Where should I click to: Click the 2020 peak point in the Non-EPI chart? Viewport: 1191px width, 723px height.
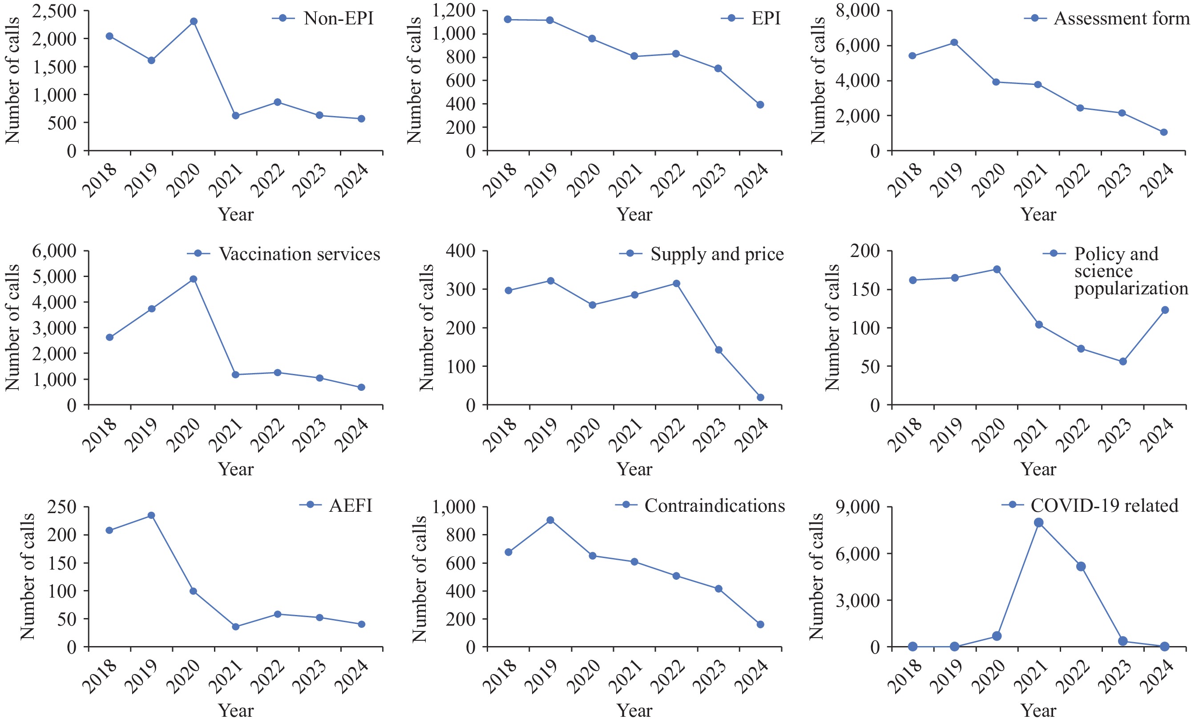pyautogui.click(x=194, y=21)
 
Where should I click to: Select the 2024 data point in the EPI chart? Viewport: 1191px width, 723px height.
pyautogui.click(x=760, y=105)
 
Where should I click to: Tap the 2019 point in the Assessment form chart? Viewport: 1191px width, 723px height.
pyautogui.click(x=954, y=43)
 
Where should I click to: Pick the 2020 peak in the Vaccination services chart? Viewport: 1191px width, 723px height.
pyautogui.click(x=194, y=279)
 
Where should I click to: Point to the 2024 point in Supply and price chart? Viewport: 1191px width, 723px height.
pyautogui.click(x=760, y=398)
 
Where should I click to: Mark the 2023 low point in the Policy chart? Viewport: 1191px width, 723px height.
pyautogui.click(x=1123, y=361)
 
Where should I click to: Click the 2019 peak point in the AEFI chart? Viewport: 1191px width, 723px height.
pyautogui.click(x=151, y=515)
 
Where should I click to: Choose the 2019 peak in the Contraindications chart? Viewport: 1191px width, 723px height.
pyautogui.click(x=550, y=520)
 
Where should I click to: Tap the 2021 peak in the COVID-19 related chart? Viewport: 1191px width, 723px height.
pyautogui.click(x=1038, y=522)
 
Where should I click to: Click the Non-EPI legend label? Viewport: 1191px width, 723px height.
pyautogui.click(x=339, y=18)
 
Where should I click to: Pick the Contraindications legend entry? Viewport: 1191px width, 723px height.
pyautogui.click(x=715, y=506)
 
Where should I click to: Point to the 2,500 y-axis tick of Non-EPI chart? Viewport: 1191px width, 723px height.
pyautogui.click(x=54, y=11)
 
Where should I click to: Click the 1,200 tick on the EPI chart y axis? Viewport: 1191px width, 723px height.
pyautogui.click(x=454, y=11)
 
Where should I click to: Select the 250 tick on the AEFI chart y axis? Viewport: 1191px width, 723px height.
pyautogui.click(x=62, y=506)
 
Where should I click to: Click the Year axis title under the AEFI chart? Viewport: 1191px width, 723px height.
pyautogui.click(x=236, y=711)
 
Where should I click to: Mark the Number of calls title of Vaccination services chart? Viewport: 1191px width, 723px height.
pyautogui.click(x=12, y=327)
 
